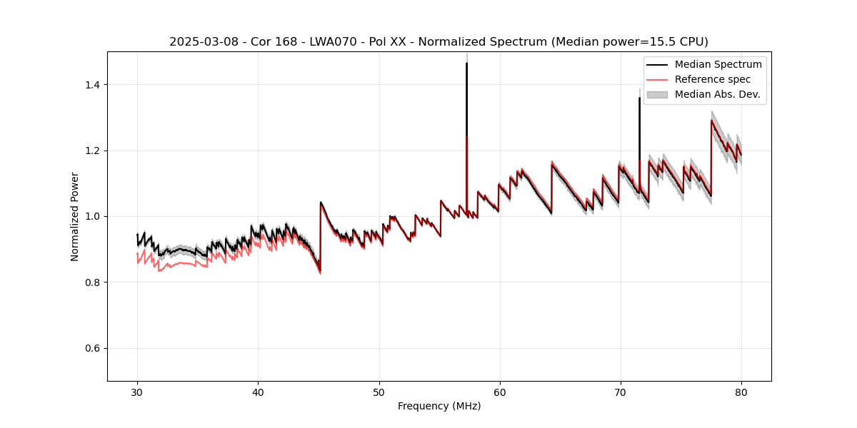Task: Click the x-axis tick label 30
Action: pyautogui.click(x=137, y=392)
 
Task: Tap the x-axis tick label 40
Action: pyautogui.click(x=258, y=392)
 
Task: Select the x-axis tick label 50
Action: pyautogui.click(x=379, y=392)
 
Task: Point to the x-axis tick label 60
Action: pyautogui.click(x=499, y=392)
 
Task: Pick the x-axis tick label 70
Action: pyautogui.click(x=620, y=392)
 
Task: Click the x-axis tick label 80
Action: pyautogui.click(x=741, y=392)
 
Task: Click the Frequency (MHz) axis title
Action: pyautogui.click(x=439, y=406)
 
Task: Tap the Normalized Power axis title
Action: pyautogui.click(x=75, y=216)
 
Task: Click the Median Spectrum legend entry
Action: pyautogui.click(x=718, y=64)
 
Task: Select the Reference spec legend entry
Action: pyautogui.click(x=712, y=79)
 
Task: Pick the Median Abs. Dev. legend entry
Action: pyautogui.click(x=717, y=94)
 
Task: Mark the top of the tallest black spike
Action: pyautogui.click(x=466, y=63)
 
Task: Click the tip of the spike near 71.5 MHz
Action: pyautogui.click(x=639, y=98)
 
